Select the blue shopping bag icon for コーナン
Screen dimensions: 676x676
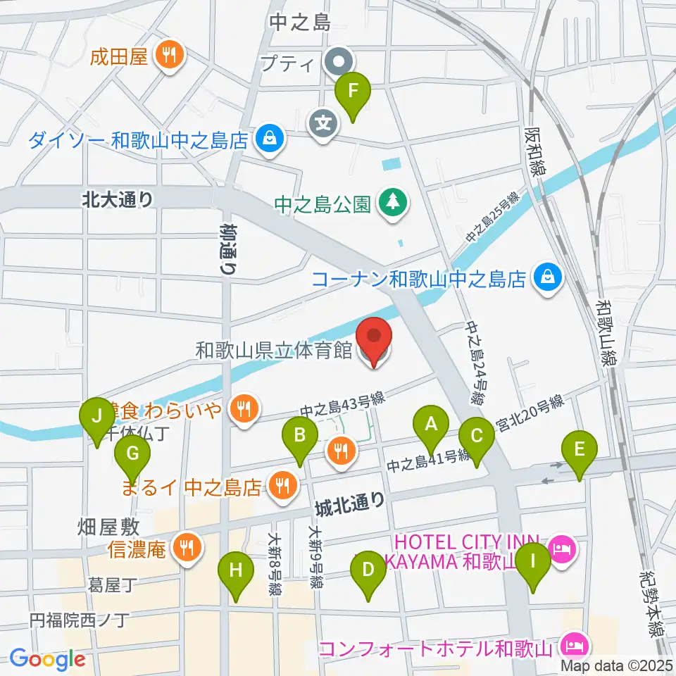(x=546, y=278)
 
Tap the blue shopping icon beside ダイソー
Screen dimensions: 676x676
(x=269, y=139)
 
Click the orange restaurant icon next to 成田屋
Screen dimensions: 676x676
(x=169, y=56)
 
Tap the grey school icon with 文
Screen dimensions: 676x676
(x=323, y=124)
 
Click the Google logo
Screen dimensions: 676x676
(x=47, y=659)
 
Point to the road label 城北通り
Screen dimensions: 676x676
(x=350, y=501)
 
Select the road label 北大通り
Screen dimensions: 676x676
(x=118, y=199)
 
